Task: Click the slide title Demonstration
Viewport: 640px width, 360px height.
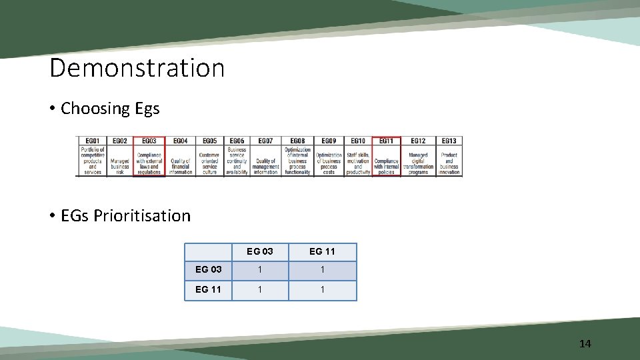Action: coord(137,68)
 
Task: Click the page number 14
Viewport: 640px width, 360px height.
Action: coord(585,343)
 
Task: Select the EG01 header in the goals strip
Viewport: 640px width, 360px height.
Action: coord(92,141)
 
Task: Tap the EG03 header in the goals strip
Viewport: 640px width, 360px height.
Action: coord(149,141)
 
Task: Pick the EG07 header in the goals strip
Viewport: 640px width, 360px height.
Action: coord(265,141)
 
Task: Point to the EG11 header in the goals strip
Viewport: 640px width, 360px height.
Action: coord(386,141)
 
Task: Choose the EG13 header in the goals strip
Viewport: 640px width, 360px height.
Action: coord(449,141)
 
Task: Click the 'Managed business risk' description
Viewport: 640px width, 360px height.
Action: coord(120,166)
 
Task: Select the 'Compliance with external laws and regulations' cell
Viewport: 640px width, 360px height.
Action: coord(149,163)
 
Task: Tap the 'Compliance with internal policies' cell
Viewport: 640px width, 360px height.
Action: coord(386,166)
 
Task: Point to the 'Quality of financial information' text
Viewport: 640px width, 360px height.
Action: coord(180,166)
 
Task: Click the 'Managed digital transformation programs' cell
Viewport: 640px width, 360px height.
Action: coord(418,163)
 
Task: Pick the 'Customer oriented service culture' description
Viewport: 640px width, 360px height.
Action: coord(209,163)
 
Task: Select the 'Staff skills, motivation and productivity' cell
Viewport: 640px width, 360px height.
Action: coord(358,163)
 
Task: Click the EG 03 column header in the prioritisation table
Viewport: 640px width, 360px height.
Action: coord(259,251)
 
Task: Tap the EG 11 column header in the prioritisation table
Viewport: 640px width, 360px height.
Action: coord(322,251)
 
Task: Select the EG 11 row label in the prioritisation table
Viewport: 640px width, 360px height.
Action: coord(208,290)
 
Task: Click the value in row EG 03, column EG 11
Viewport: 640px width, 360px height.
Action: coord(322,270)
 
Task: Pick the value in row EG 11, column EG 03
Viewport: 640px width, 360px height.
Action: coord(259,290)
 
